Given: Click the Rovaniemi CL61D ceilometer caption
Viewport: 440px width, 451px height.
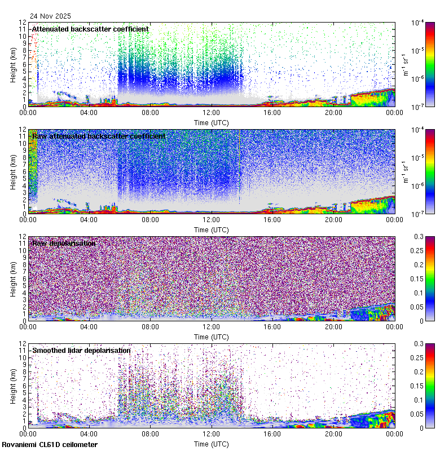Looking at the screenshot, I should point(49,445).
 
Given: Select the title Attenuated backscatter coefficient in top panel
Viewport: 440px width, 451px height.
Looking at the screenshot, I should point(90,29).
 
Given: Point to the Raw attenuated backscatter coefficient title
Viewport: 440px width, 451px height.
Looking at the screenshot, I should point(99,136).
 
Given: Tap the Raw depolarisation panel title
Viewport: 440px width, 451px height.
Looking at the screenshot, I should point(63,243).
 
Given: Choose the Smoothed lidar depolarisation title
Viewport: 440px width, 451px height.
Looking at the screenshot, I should point(81,350).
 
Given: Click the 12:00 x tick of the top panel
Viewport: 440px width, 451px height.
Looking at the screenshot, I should point(212,112).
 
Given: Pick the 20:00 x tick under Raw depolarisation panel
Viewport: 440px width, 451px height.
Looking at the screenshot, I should point(333,326).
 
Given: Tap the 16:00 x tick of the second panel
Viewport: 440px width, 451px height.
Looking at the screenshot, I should point(272,219).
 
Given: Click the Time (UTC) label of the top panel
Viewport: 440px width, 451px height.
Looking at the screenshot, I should point(212,122).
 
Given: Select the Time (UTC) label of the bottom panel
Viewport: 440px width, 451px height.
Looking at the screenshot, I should point(212,444).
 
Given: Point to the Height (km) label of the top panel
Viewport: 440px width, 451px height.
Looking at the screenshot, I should point(13,65).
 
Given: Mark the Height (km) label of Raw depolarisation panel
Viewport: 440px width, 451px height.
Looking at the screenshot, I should point(13,279).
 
